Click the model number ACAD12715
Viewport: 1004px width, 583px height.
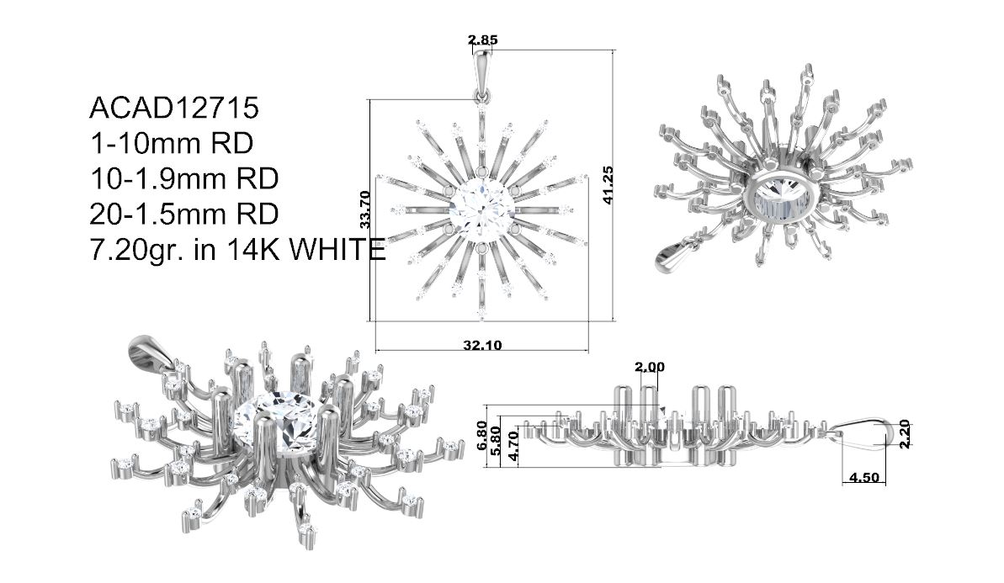click(x=174, y=109)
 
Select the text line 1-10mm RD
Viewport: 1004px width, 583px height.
click(x=172, y=143)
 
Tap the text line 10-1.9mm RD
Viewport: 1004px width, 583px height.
click(x=184, y=178)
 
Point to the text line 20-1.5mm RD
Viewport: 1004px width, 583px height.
click(x=184, y=214)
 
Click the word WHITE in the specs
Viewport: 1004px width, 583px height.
click(x=337, y=249)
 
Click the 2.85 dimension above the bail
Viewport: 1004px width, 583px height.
click(x=483, y=40)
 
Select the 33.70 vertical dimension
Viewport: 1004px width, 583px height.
click(x=365, y=209)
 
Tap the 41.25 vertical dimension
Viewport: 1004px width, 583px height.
click(x=608, y=185)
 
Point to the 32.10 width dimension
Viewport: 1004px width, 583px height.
click(x=483, y=346)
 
